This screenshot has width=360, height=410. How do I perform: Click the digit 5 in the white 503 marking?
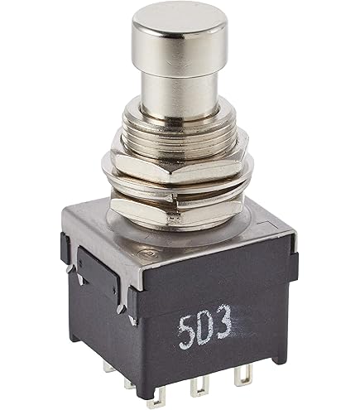[x=187, y=331]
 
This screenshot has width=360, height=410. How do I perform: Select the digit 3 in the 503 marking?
[x=223, y=321]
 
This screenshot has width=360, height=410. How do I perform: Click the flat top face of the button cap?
[x=180, y=17]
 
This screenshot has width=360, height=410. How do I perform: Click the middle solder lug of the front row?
[x=199, y=384]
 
